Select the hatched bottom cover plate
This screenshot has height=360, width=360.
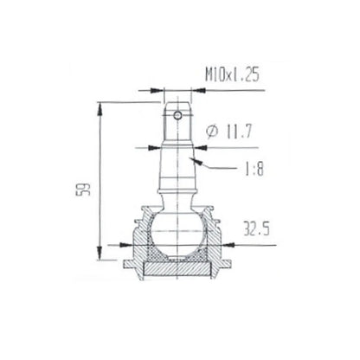coord(177,271)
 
